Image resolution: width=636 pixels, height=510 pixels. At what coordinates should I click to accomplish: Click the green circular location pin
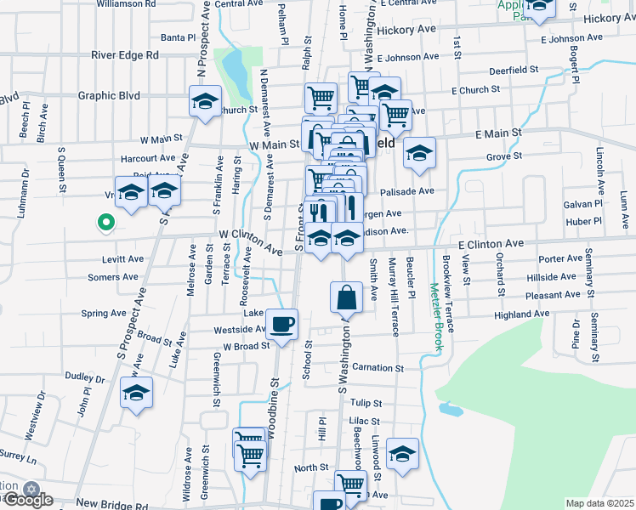(x=105, y=224)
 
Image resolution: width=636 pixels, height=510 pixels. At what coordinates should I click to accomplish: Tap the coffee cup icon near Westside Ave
(x=281, y=323)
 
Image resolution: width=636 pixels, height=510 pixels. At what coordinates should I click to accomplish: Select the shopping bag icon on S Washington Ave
(x=346, y=298)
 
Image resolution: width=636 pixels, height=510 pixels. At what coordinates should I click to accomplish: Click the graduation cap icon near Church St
(x=204, y=103)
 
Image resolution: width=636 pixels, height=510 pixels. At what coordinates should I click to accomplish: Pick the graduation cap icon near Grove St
(x=418, y=153)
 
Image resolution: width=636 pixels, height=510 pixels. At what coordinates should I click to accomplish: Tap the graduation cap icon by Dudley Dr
(x=135, y=394)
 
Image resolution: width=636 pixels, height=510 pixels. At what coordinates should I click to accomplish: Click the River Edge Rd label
(x=126, y=54)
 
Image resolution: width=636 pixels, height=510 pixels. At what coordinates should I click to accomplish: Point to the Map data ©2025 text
(x=600, y=503)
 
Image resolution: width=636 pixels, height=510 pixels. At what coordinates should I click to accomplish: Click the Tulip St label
(x=366, y=403)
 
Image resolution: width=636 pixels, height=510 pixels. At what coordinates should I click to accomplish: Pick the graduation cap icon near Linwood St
(x=402, y=454)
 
